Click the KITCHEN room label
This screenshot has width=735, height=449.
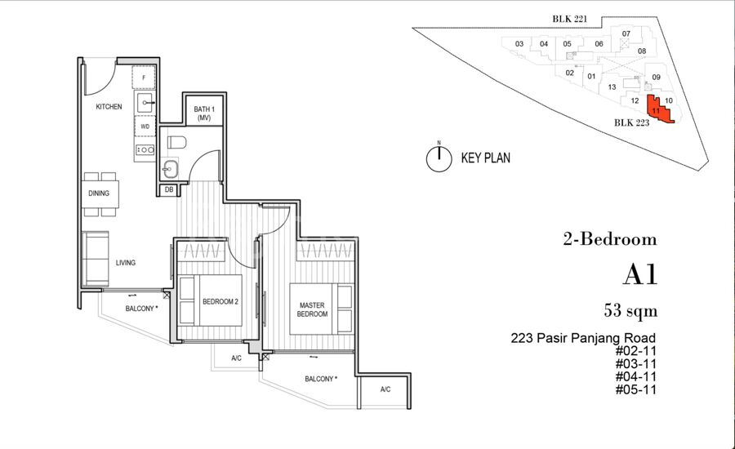point(109,107)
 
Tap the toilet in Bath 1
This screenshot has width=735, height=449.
point(176,142)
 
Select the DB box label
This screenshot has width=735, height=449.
point(169,190)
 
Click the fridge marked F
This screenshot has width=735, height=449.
point(144,78)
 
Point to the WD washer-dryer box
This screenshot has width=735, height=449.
point(145,126)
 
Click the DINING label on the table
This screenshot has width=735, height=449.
point(99,193)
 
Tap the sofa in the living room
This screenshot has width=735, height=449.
point(96,258)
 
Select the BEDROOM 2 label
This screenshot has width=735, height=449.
point(220,302)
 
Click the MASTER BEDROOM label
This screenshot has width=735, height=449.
point(312,309)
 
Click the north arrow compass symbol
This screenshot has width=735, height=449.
point(439,158)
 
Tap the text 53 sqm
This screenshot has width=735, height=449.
point(630,311)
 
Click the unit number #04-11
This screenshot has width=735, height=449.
point(635,376)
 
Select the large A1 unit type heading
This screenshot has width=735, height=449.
point(640,274)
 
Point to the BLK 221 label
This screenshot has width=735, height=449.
point(569,20)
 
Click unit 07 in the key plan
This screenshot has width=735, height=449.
point(626,33)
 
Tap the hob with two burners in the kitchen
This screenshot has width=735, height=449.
point(145,150)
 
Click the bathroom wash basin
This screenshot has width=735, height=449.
point(170,169)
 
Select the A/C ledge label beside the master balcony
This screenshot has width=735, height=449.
point(385,389)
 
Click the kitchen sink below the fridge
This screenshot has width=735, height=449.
point(145,102)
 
